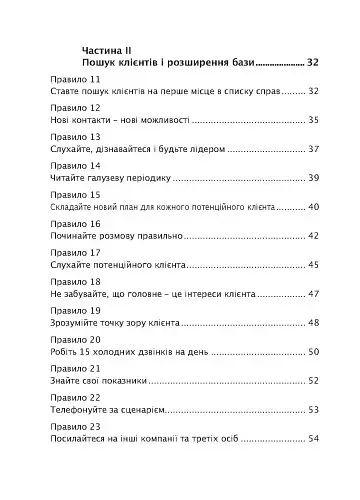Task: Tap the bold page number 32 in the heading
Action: [312, 63]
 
